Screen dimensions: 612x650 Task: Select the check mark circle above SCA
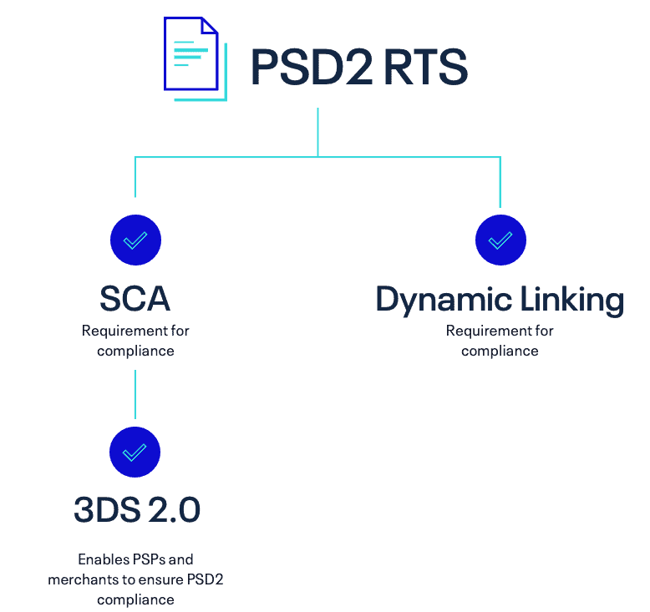click(x=135, y=240)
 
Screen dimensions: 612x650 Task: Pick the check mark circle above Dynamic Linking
click(x=500, y=240)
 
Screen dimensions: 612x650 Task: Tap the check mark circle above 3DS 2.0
click(x=135, y=452)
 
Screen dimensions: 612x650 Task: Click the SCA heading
click(x=135, y=298)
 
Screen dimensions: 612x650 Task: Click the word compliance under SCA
click(x=135, y=351)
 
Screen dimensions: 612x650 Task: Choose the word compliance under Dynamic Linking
click(x=500, y=351)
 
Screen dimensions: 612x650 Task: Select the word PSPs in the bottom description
click(x=147, y=559)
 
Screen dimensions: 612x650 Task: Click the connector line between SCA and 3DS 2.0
click(x=135, y=394)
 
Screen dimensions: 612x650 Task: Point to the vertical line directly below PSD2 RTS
click(x=317, y=131)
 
